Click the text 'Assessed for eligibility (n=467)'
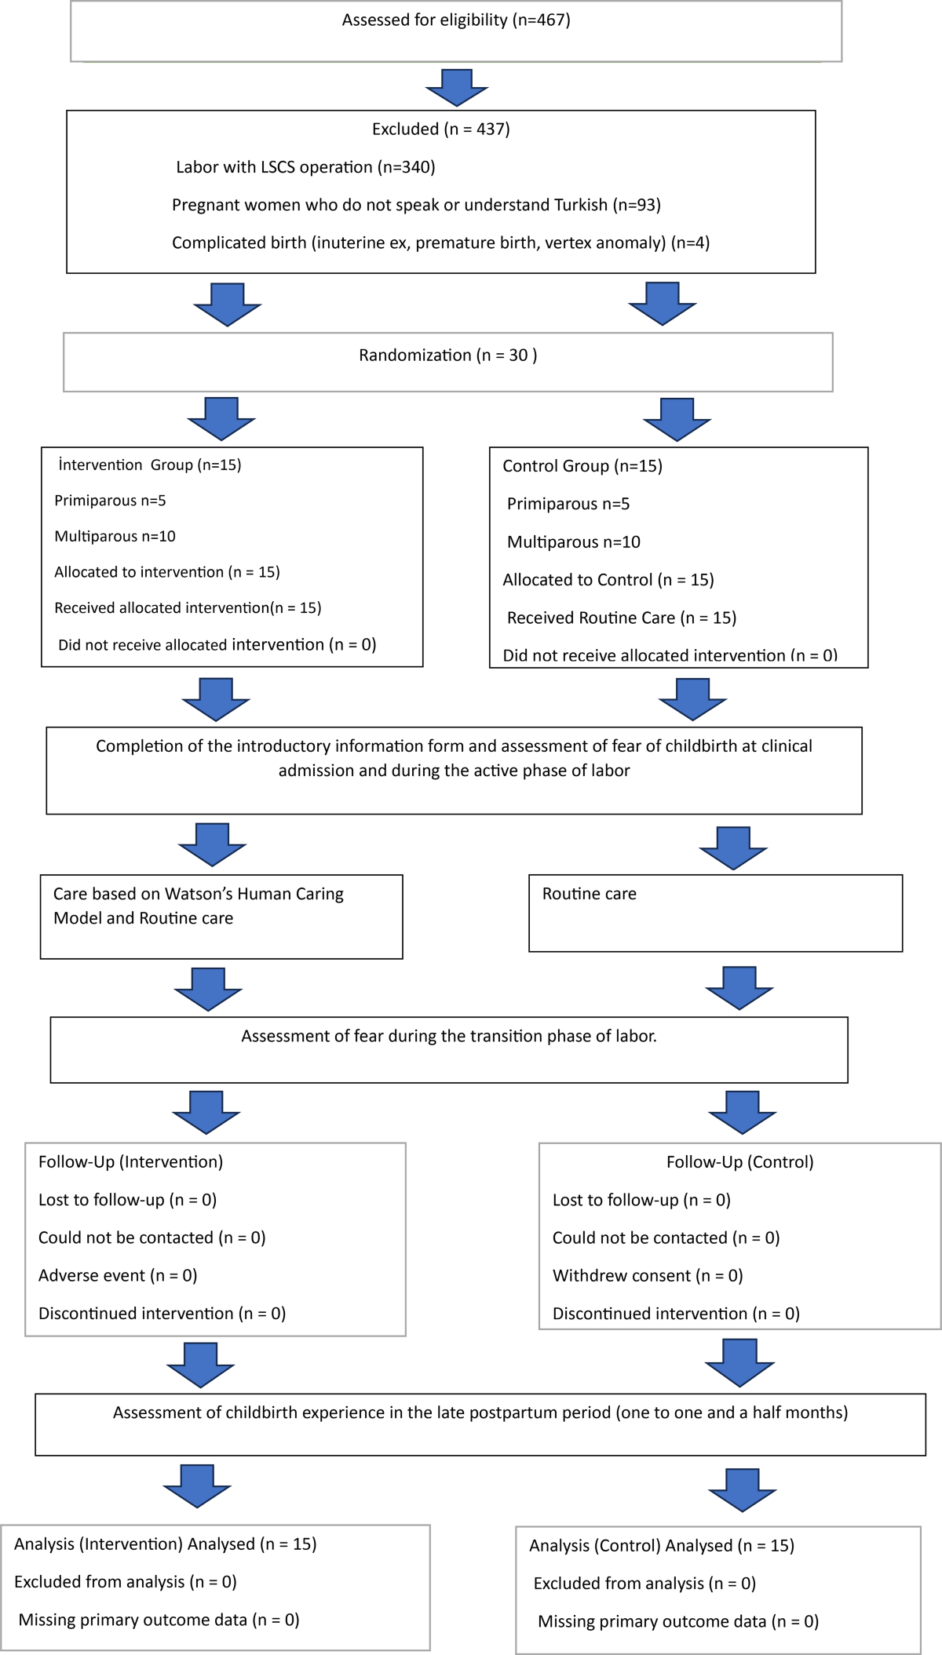click(456, 20)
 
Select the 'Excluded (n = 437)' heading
click(441, 129)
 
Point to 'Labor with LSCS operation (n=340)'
click(305, 167)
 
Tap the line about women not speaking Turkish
click(416, 205)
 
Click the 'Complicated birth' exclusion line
click(440, 243)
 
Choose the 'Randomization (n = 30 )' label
click(448, 355)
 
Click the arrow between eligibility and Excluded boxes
click(457, 87)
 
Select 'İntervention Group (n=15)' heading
click(149, 465)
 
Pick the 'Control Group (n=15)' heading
click(582, 466)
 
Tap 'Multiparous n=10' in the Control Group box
click(573, 542)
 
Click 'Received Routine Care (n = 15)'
click(622, 618)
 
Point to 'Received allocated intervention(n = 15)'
click(188, 608)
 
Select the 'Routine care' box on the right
click(715, 913)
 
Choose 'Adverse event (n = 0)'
click(118, 1276)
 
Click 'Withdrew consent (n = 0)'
click(648, 1276)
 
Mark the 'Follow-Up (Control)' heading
click(739, 1162)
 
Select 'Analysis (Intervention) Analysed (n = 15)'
click(165, 1544)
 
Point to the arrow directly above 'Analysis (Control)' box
click(742, 1489)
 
